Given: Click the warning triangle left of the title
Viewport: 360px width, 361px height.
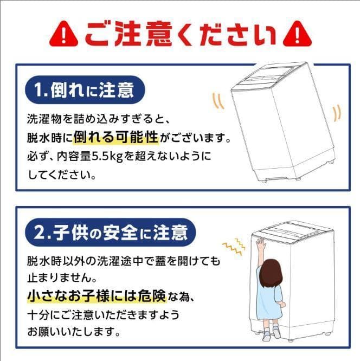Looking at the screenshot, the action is coord(64,34).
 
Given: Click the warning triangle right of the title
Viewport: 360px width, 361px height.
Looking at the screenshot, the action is coord(297,34).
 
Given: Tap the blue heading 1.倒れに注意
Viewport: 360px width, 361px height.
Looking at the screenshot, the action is coord(85,90).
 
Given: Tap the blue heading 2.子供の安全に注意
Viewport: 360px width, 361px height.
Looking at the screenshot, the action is coord(111,233).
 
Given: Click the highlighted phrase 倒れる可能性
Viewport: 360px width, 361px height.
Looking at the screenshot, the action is coord(116,137).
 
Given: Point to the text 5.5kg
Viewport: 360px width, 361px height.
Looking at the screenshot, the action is coord(107,157).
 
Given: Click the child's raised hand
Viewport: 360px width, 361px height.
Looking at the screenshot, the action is coord(261,244).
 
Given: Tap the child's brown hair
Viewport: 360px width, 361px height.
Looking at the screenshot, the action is coord(271,273).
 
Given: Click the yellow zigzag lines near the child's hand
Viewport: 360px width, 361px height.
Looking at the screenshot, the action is coord(233,246).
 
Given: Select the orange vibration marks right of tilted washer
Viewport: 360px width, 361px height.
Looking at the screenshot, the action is coord(337,113).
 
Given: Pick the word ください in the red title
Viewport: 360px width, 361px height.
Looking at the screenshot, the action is coord(227,34).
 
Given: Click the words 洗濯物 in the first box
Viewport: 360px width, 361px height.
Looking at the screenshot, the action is coord(44,119).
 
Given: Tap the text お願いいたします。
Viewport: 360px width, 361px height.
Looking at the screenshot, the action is coord(74,332).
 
